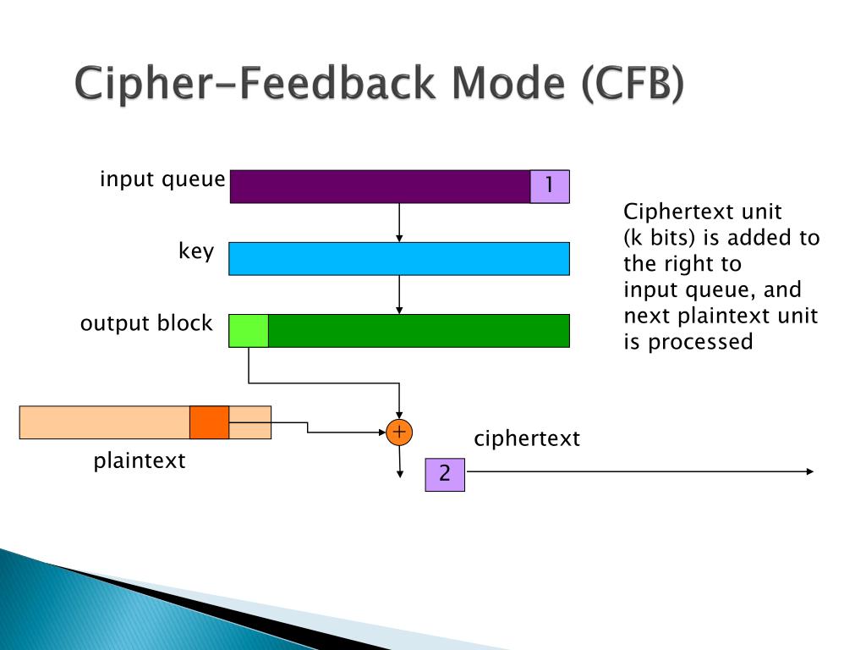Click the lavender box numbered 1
(550, 186)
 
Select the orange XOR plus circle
(398, 432)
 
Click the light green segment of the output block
(249, 331)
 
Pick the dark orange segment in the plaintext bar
(209, 422)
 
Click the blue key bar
(399, 258)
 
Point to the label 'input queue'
(162, 179)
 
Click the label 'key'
(196, 251)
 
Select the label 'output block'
(146, 323)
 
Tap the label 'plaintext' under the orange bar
(139, 461)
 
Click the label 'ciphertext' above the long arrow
(527, 438)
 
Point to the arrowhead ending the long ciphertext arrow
(810, 471)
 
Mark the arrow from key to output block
(399, 295)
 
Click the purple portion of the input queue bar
(380, 186)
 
